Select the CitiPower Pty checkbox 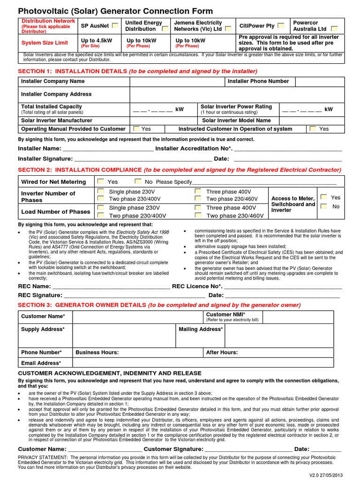pos(280,25)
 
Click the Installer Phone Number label pos(258,82)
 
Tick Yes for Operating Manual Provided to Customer pos(136,128)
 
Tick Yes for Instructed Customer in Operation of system pos(312,128)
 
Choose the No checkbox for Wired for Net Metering pos(137,181)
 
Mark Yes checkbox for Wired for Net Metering pos(100,181)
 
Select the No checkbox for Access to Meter pos(323,206)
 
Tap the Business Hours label pos(97,352)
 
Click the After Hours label pos(222,352)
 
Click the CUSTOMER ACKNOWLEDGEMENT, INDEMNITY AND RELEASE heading pos(110,373)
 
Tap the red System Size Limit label pos(45,43)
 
